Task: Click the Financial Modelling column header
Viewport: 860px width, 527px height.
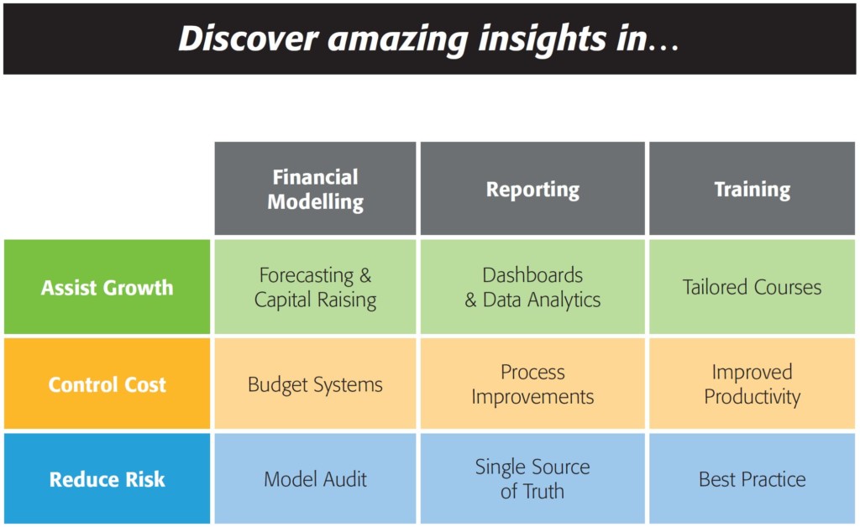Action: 316,189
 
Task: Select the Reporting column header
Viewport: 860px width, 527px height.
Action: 532,189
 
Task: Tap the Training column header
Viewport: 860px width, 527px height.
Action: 752,189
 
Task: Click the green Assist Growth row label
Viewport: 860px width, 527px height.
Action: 107,286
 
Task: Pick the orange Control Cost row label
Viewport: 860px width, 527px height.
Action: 107,384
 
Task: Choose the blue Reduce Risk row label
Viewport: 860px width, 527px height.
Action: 107,478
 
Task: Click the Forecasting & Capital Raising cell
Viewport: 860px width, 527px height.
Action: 316,286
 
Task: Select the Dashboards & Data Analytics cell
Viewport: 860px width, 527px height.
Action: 532,286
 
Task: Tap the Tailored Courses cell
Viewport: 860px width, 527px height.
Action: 752,286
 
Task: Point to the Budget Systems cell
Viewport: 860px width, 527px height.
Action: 316,384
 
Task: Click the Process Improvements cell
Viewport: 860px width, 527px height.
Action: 532,384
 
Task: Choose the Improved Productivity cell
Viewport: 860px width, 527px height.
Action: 752,384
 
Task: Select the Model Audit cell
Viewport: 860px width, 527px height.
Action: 316,478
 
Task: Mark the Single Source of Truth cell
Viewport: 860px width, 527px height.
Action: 532,478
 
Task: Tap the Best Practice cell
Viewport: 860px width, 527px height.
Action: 752,478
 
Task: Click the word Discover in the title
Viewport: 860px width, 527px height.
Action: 249,39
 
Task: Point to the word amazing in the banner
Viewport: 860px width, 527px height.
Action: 397,41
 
